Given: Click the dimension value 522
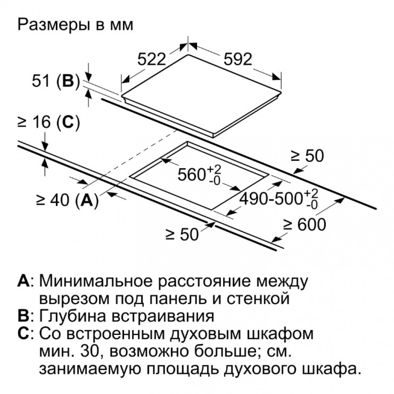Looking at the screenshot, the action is click(x=152, y=59).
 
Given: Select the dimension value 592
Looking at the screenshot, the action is click(x=238, y=59).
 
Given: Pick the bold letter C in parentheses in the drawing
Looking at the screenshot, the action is click(x=68, y=122).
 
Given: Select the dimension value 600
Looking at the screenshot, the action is click(x=312, y=225).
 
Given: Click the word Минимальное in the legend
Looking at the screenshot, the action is click(x=96, y=281).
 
